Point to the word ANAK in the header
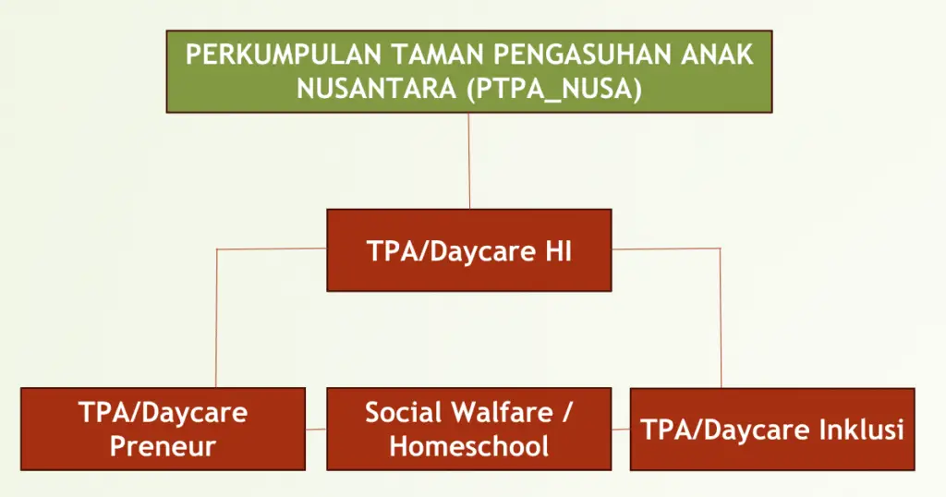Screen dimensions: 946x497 tap(716, 55)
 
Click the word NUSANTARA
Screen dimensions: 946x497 tap(377, 90)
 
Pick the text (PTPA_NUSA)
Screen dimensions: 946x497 tap(554, 90)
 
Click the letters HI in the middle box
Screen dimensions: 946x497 tap(558, 251)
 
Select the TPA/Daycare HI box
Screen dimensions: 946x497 tap(468, 250)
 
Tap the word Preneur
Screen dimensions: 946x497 tap(163, 447)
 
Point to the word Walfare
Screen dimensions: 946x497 tap(502, 413)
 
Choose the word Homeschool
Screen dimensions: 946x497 tap(468, 447)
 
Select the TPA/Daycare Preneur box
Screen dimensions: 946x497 tap(163, 429)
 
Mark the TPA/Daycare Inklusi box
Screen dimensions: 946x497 tap(772, 430)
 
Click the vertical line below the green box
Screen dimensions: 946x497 tap(468, 161)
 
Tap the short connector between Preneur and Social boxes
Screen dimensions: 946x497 tap(316, 430)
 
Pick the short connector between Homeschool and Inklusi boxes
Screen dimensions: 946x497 tap(621, 430)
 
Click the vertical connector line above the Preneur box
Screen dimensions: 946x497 tap(216, 318)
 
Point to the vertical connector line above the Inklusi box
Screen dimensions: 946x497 tap(721, 318)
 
